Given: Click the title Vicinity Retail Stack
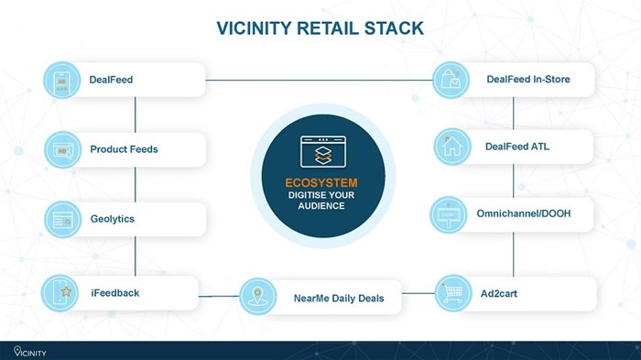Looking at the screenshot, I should (320, 28).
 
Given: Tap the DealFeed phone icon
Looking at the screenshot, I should (62, 81).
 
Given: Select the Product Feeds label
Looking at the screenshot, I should (124, 149).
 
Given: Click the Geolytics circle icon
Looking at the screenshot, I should (62, 220).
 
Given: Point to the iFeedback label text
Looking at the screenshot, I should (114, 293).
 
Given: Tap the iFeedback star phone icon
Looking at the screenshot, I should (62, 294).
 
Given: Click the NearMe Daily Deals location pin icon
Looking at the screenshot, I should (258, 297).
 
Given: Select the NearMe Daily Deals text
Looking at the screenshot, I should (339, 299).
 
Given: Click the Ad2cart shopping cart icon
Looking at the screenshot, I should (452, 293).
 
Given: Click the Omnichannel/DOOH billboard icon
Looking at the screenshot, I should (450, 215).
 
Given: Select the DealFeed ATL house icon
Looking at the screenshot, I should (451, 147).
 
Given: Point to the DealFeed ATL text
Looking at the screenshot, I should (517, 146).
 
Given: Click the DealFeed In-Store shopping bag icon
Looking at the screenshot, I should (451, 80).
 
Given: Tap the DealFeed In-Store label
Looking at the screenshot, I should (528, 80).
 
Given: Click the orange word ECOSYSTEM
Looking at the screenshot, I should (320, 182).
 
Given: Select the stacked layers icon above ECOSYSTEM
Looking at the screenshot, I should (320, 150).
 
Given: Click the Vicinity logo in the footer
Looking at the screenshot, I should (29, 351).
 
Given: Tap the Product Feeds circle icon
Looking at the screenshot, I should (62, 150).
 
